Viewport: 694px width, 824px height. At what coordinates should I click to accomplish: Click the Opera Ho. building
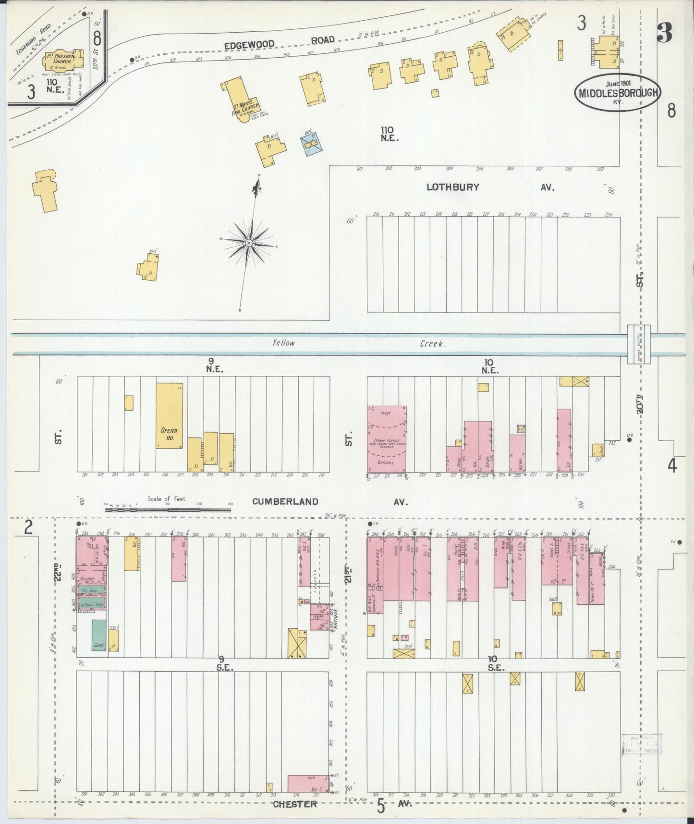(169, 416)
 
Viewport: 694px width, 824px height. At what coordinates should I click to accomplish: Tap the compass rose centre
(249, 243)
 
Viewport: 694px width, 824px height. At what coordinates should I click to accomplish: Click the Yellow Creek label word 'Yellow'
(283, 343)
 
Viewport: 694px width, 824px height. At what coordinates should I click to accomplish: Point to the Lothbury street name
(452, 187)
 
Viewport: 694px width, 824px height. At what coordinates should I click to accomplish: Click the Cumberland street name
(285, 501)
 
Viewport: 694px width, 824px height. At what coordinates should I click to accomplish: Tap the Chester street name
(295, 804)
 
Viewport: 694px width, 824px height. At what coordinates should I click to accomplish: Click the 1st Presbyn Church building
(59, 60)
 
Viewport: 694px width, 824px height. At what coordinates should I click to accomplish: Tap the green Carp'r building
(99, 635)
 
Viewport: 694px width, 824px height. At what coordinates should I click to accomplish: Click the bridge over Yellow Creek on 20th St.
(638, 344)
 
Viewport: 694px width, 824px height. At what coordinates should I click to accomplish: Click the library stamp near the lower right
(642, 746)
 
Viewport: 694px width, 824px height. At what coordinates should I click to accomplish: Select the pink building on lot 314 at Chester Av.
(308, 783)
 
